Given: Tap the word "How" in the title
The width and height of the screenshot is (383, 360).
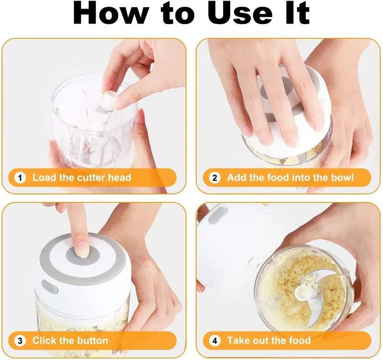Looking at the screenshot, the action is [x=111, y=13].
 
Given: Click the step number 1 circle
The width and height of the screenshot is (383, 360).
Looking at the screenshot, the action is [x=20, y=178].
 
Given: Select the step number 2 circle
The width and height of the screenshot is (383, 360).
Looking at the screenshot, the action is [x=214, y=178].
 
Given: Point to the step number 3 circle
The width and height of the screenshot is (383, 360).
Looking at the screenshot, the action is [x=20, y=341].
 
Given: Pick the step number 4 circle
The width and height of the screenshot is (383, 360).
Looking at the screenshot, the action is [x=214, y=341].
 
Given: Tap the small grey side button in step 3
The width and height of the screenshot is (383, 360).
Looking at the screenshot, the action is [x=50, y=287].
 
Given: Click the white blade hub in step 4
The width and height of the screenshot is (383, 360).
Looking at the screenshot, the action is [x=304, y=292].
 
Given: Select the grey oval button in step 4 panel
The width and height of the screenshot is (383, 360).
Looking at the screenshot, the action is [x=218, y=215].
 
